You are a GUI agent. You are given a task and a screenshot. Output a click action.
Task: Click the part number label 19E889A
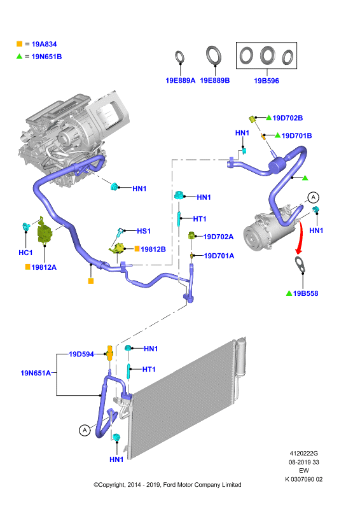pyautogui.click(x=180, y=81)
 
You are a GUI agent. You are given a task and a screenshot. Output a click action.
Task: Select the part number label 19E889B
pyautogui.click(x=215, y=80)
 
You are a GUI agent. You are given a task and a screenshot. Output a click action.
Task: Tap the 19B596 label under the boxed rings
pyautogui.click(x=267, y=81)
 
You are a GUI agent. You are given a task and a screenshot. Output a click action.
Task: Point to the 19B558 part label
pyautogui.click(x=305, y=293)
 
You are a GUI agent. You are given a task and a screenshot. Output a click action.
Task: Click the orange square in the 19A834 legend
pyautogui.click(x=20, y=44)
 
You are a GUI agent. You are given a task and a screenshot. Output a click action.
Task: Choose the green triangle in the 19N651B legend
pyautogui.click(x=20, y=56)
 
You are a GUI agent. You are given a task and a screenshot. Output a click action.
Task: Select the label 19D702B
pyautogui.click(x=287, y=118)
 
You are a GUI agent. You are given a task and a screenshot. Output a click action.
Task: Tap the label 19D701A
pyautogui.click(x=219, y=256)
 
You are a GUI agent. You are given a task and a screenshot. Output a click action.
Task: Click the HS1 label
pyautogui.click(x=144, y=231)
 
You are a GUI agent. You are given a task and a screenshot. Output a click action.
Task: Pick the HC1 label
pyautogui.click(x=25, y=253)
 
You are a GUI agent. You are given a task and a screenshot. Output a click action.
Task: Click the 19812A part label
pyautogui.click(x=44, y=267)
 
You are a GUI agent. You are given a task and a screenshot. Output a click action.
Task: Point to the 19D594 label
pyautogui.click(x=81, y=354)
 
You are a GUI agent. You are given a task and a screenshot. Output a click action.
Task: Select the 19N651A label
pyautogui.click(x=36, y=373)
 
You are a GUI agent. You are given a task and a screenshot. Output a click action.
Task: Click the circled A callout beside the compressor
pyautogui.click(x=314, y=197)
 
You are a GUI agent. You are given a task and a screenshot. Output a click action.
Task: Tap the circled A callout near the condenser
pyautogui.click(x=85, y=430)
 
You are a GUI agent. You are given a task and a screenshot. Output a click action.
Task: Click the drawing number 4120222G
pyautogui.click(x=304, y=453)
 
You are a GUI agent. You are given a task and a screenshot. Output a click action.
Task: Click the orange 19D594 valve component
pyautogui.click(x=110, y=353)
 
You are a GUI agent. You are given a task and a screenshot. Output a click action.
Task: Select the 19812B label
pyautogui.click(x=153, y=249)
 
